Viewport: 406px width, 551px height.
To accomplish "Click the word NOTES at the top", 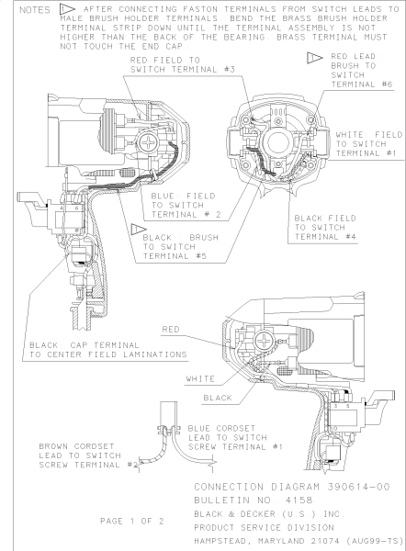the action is tap(36, 9).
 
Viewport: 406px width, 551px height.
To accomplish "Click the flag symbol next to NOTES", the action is tap(66, 9).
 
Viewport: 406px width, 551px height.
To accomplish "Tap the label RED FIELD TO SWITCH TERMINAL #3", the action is tap(183, 64).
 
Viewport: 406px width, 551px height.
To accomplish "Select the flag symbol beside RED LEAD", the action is tap(315, 58).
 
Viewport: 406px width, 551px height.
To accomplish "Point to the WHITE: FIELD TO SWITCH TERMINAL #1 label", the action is tap(368, 144).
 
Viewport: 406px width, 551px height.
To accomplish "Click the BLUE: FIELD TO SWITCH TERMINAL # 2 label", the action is tap(186, 205).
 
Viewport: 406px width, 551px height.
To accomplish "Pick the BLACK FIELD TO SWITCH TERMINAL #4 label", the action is tap(325, 228).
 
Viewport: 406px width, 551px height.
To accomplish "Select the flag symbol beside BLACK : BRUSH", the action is tap(139, 229).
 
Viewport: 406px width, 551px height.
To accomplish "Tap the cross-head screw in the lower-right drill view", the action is tap(264, 341).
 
